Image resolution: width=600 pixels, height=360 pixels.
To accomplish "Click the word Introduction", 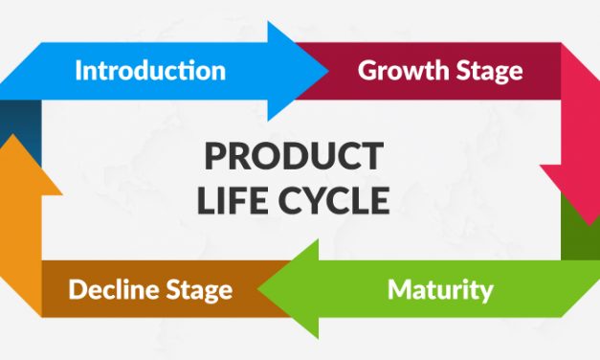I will [x=150, y=70].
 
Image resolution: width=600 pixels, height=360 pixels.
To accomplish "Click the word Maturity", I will [x=440, y=288].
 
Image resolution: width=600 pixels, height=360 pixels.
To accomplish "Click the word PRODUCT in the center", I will [x=294, y=155].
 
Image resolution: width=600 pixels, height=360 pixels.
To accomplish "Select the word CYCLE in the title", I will [x=336, y=201].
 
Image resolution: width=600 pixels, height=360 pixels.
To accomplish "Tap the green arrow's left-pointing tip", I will [x=265, y=287].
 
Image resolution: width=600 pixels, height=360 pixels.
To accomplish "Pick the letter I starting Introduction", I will [x=78, y=70].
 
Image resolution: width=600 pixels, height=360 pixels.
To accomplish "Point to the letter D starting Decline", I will [x=76, y=288].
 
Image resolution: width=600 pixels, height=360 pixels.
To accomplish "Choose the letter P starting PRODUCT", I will [x=212, y=155].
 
